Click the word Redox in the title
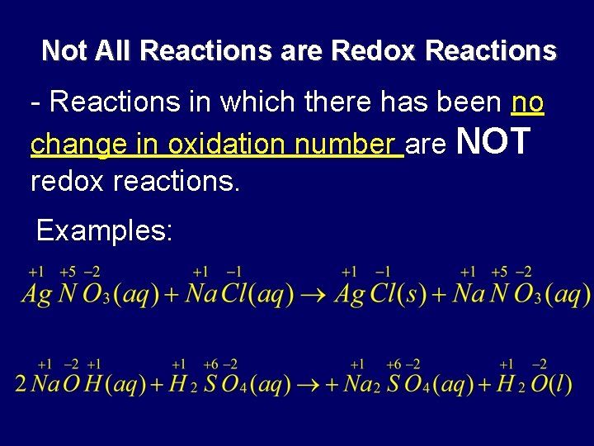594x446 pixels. click(x=375, y=51)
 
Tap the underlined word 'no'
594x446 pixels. click(x=528, y=102)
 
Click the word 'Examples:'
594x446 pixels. click(x=105, y=230)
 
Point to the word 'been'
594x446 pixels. click(x=465, y=102)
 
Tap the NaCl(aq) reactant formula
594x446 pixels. click(x=239, y=294)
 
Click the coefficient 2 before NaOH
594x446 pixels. click(x=21, y=384)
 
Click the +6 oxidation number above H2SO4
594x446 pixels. click(x=210, y=365)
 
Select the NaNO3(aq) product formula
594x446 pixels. click(x=521, y=294)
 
